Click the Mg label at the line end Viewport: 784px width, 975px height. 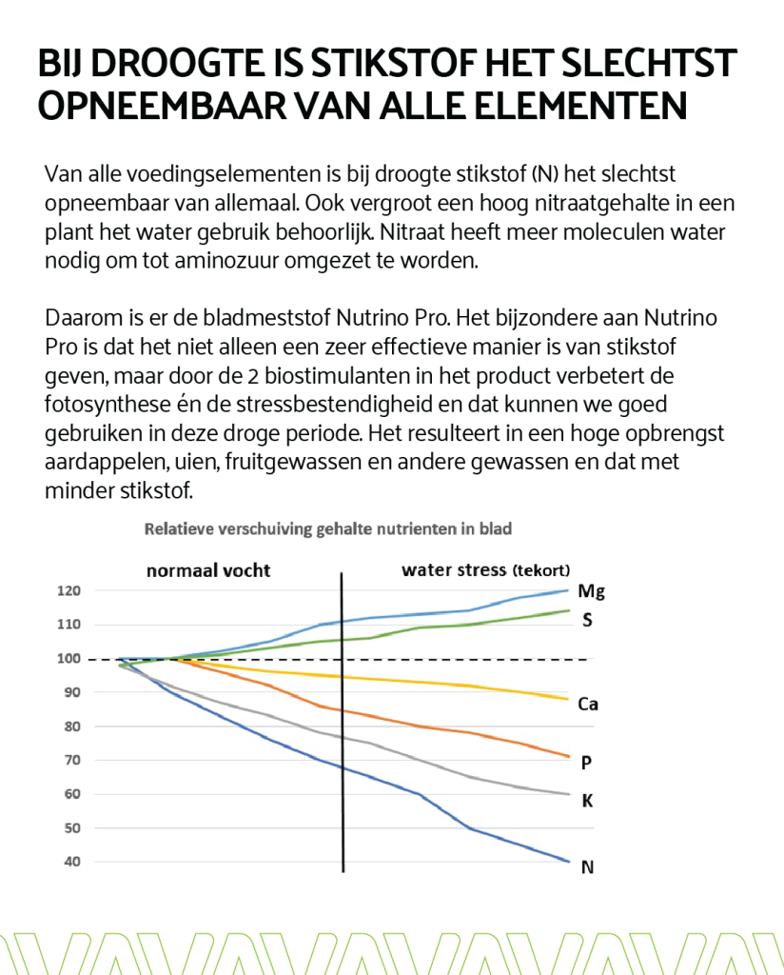tap(591, 591)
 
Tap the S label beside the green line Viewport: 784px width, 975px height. tap(587, 620)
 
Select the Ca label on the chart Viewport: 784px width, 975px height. tap(588, 704)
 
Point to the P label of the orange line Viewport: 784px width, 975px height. tap(586, 763)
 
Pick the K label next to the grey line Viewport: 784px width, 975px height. tap(587, 801)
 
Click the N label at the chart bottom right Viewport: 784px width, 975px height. tap(588, 866)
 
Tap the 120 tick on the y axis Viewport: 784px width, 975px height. tap(69, 590)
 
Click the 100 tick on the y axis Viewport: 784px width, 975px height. tap(69, 659)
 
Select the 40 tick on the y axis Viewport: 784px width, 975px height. tap(72, 862)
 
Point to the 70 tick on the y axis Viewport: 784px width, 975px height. tap(72, 760)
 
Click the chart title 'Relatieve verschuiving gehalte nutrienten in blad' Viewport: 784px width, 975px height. tap(328, 529)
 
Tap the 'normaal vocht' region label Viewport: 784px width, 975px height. tap(208, 570)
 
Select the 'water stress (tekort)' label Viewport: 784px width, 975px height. tap(486, 570)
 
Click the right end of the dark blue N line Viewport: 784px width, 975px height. tap(568, 861)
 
